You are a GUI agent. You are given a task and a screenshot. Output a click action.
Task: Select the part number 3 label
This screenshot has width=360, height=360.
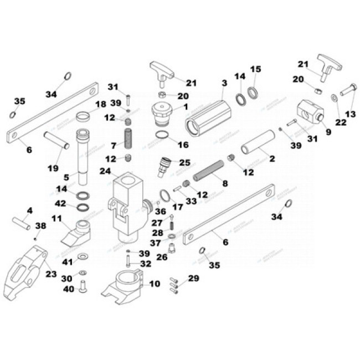(224, 83)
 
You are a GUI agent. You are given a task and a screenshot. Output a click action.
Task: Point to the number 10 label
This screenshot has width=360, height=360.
(155, 284)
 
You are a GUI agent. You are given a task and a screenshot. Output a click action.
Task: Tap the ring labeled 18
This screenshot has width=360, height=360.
(83, 117)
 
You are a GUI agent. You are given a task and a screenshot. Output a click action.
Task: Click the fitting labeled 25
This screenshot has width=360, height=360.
(165, 166)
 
